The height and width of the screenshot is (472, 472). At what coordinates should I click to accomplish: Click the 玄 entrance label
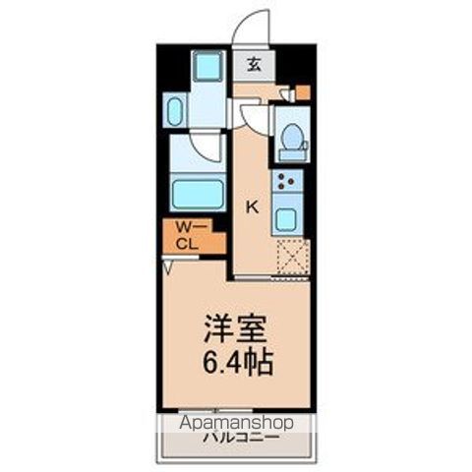(254, 65)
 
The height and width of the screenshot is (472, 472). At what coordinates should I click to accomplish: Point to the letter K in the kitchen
(252, 206)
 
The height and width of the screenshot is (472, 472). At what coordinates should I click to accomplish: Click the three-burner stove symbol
(289, 181)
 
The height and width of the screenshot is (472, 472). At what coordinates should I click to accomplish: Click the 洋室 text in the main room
(235, 326)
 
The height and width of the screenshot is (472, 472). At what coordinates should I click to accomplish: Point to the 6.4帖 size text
(235, 360)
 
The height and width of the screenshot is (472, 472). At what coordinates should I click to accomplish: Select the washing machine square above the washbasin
(207, 69)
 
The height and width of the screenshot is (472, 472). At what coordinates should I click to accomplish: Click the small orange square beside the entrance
(303, 93)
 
